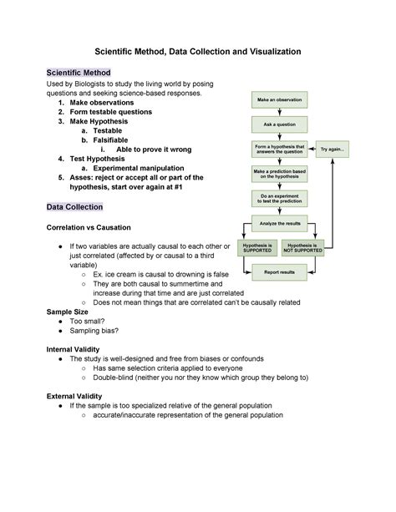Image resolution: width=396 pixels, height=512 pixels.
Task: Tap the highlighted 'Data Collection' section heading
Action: click(x=74, y=206)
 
